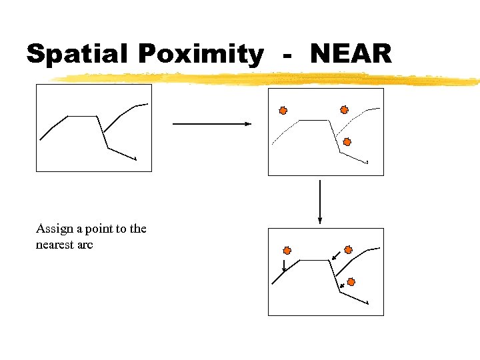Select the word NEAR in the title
[351, 53]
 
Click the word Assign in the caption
[55, 229]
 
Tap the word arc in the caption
[85, 245]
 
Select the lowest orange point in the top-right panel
[347, 141]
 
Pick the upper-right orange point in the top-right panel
[344, 110]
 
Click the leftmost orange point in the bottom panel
[287, 251]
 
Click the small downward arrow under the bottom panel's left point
[285, 265]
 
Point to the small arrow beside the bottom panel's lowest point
[343, 286]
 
